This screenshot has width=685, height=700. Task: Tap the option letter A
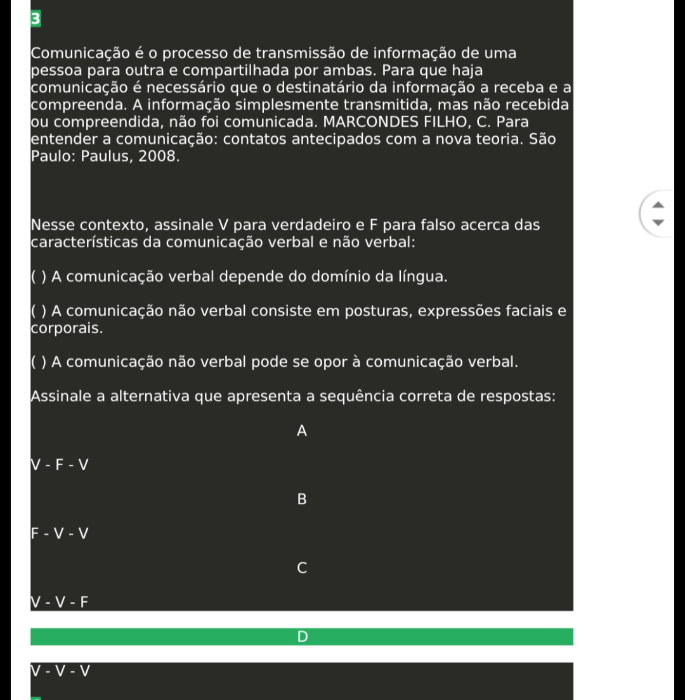coord(302,431)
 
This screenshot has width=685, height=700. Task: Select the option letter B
coord(302,500)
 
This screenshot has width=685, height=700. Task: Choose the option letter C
coord(302,568)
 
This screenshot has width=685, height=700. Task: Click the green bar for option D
coord(302,637)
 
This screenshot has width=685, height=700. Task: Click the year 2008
coord(156,156)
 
